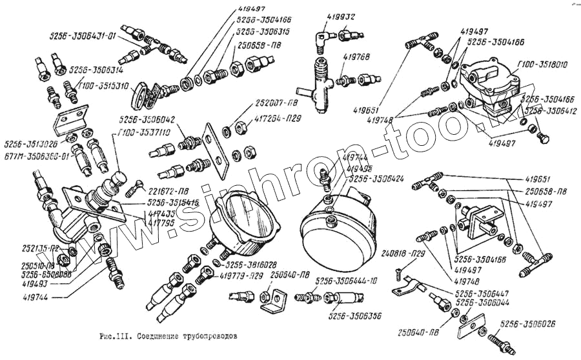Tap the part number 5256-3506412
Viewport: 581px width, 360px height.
[x=550, y=110]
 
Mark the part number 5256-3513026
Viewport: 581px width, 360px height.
[x=30, y=143]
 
